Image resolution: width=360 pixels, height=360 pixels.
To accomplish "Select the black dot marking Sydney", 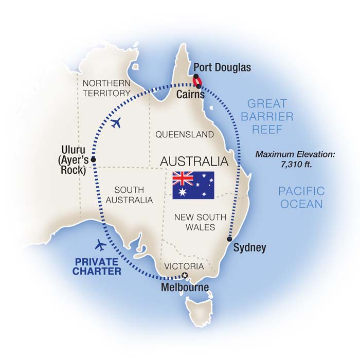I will click(229, 239).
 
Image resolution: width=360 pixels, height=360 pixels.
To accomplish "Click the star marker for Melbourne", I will click(185, 276).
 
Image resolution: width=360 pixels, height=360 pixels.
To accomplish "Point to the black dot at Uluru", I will click(93, 159).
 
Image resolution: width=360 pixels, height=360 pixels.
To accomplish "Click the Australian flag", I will click(193, 185).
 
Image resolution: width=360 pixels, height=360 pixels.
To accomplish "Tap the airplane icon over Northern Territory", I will click(116, 123).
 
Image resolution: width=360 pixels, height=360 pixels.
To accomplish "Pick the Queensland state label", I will click(185, 135).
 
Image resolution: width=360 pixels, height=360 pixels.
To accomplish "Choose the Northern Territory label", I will click(107, 88).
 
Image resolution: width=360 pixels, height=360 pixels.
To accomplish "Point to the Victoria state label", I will click(184, 267).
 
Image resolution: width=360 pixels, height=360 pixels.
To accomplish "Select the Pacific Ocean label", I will click(301, 197).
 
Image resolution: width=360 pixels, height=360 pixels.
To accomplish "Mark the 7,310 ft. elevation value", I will click(292, 165).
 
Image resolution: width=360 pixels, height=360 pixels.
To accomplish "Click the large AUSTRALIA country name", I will click(194, 161).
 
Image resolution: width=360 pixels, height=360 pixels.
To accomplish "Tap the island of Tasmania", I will click(199, 310).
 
